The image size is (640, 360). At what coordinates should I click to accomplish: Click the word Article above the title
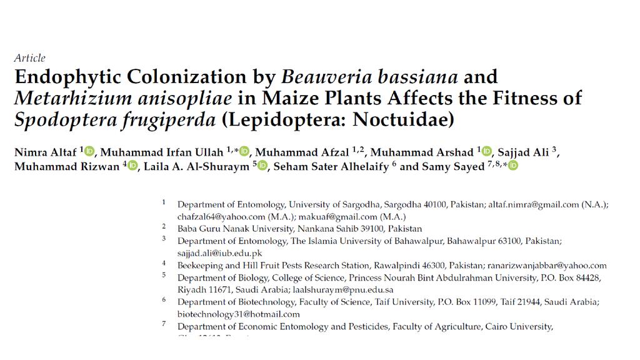[x=30, y=58]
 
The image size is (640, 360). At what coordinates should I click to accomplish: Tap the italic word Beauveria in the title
[x=322, y=77]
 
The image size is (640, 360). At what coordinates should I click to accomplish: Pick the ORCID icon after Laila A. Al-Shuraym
[x=262, y=166]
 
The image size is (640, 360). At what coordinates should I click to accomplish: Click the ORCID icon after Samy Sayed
[x=513, y=166]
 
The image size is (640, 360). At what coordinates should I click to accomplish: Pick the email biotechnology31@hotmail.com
[x=238, y=314]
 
